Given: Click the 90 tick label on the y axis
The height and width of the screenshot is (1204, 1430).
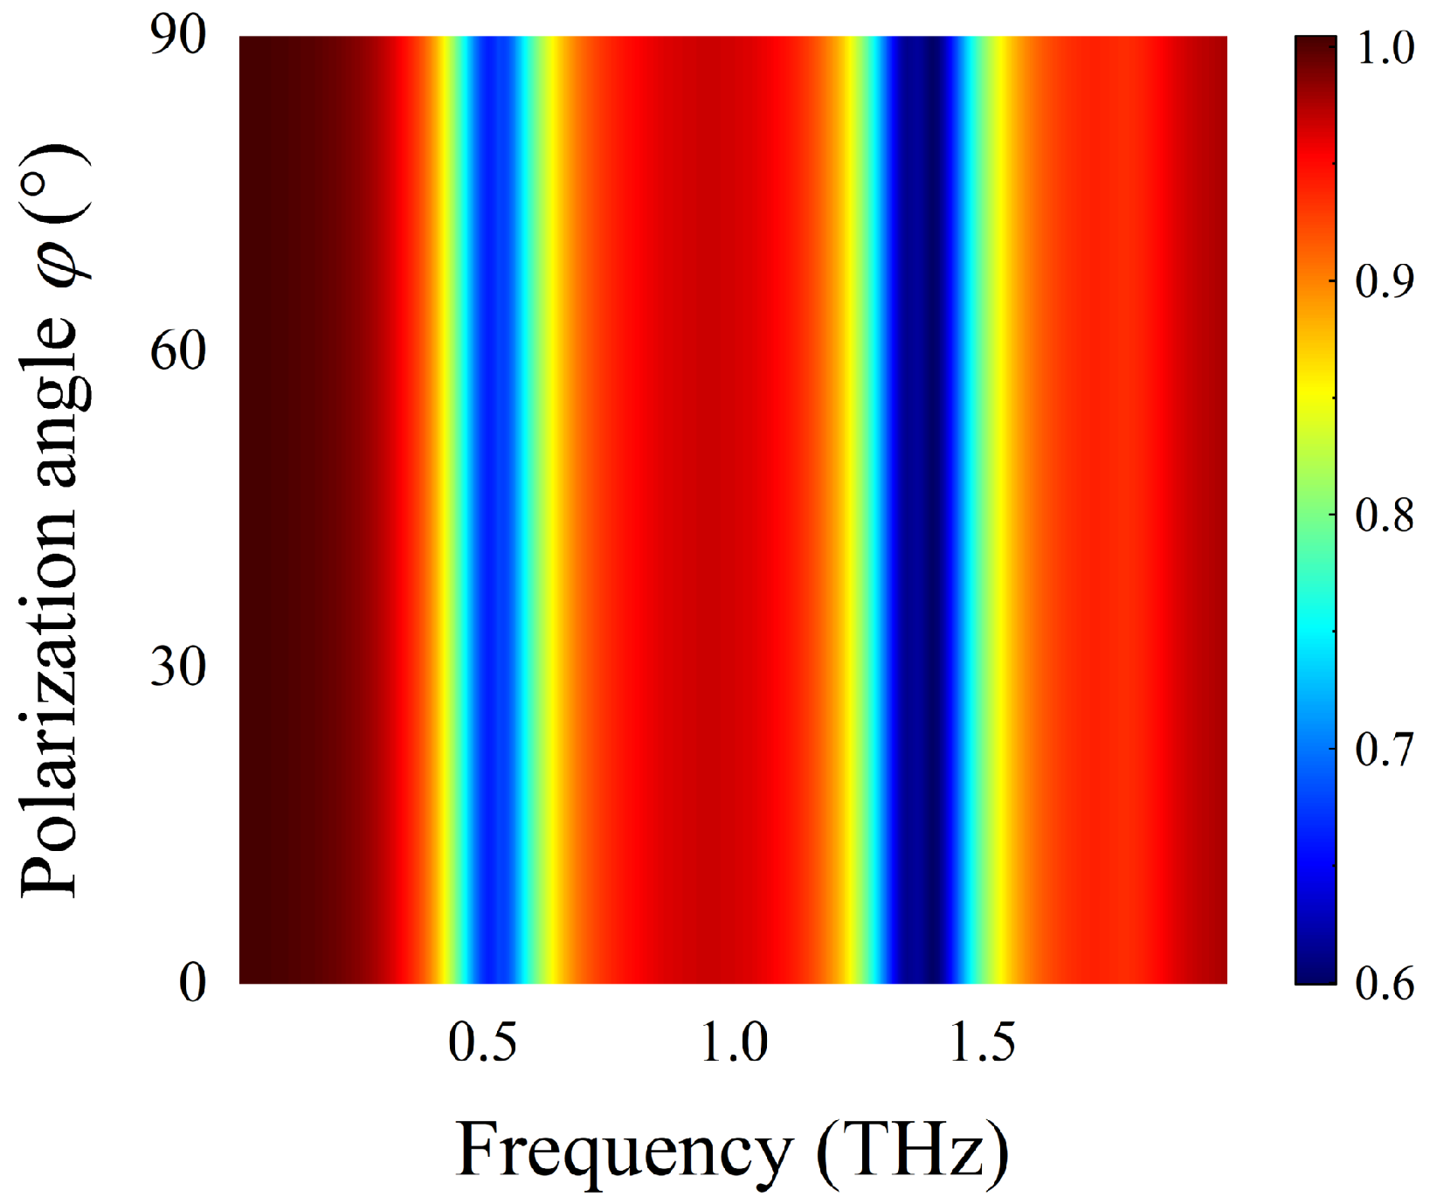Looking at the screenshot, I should (177, 37).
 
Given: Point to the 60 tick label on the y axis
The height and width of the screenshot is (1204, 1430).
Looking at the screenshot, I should (177, 351).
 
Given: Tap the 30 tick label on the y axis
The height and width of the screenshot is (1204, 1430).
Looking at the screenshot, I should (177, 667).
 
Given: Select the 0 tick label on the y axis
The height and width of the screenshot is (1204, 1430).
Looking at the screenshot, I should (192, 982).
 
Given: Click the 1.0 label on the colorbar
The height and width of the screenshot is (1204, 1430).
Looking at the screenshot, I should (1385, 47).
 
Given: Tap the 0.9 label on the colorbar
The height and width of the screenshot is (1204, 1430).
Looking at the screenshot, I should (1385, 281).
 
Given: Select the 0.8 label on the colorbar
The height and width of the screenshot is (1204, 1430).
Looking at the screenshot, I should (1385, 516).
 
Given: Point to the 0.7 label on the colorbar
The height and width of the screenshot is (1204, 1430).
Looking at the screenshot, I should (1385, 750).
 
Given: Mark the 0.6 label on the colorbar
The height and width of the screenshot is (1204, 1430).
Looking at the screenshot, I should (1385, 983).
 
